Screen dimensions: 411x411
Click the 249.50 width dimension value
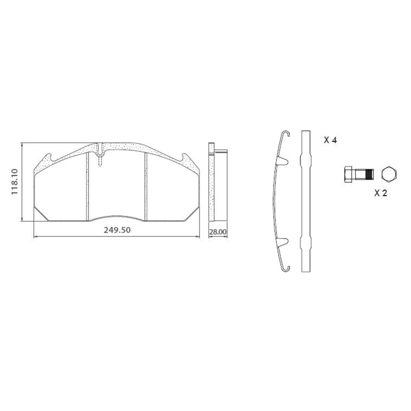pos(117,230)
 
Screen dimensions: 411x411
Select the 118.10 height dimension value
pos(14,182)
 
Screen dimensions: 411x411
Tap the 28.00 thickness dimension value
pos(218,232)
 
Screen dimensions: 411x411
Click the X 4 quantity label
pos(330,140)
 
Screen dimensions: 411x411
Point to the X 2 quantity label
pos(381,193)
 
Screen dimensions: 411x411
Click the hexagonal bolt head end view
pos(389,174)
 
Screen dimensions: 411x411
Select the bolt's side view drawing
pos(358,174)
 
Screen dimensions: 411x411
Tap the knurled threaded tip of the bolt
pos(369,174)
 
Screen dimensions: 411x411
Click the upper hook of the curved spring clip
pos(286,134)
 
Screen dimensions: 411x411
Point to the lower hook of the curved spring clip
pos(286,268)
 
